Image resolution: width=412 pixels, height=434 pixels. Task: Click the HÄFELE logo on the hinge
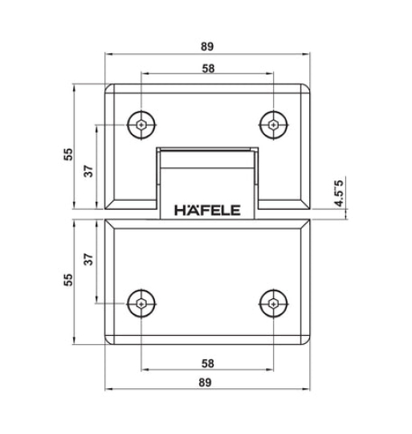click(208, 211)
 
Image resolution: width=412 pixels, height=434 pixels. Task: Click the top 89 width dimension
click(208, 47)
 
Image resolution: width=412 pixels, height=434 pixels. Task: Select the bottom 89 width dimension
click(208, 383)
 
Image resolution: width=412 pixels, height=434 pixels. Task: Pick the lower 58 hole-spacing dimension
click(208, 363)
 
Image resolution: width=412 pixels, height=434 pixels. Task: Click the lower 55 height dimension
click(68, 279)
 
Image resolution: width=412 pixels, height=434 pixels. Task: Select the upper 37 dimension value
click(89, 170)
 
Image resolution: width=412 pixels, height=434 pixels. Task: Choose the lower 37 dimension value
click(89, 259)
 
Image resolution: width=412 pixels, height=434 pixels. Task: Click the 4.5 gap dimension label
click(339, 194)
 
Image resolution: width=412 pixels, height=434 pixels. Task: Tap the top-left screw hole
click(141, 125)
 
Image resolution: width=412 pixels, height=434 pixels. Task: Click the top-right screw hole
click(275, 125)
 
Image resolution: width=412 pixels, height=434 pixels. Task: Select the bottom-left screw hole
click(141, 304)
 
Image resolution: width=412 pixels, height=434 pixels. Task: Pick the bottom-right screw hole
click(275, 304)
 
